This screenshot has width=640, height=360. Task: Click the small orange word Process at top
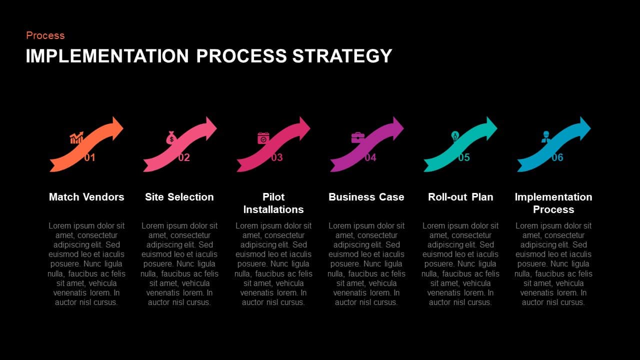click(45, 35)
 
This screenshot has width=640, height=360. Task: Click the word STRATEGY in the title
click(342, 55)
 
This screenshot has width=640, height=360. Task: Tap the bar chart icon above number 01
click(76, 138)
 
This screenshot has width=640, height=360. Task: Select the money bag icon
click(171, 137)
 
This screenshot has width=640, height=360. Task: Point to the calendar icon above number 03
click(263, 137)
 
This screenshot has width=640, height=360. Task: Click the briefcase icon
click(357, 137)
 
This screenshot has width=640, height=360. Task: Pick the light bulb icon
click(455, 136)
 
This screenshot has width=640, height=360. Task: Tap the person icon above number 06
click(545, 137)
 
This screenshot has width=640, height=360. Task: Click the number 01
click(90, 157)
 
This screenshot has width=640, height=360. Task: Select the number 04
click(370, 157)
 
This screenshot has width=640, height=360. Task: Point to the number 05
click(464, 157)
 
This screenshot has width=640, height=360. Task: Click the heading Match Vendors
click(86, 197)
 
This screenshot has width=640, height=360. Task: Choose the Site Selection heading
click(179, 197)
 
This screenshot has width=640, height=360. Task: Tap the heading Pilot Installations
click(273, 203)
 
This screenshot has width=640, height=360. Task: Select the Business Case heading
click(366, 197)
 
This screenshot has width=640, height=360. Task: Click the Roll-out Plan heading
click(460, 197)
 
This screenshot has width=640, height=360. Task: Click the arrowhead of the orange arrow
click(117, 128)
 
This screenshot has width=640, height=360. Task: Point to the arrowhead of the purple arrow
click(397, 128)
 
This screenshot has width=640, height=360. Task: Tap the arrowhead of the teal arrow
click(491, 128)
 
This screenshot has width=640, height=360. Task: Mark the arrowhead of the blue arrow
click(584, 128)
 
